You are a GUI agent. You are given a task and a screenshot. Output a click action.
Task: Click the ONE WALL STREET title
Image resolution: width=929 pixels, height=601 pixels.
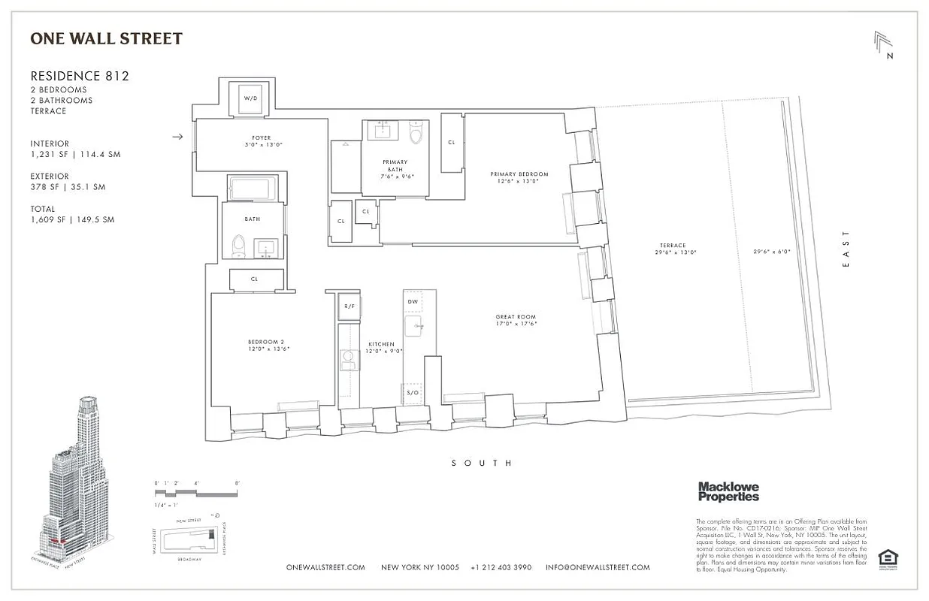pyautogui.click(x=106, y=38)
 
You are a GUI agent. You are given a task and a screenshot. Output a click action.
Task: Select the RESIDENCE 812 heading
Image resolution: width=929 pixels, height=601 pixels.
pyautogui.click(x=80, y=76)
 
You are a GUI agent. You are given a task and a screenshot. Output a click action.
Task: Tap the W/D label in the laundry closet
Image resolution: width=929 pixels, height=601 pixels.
pyautogui.click(x=250, y=98)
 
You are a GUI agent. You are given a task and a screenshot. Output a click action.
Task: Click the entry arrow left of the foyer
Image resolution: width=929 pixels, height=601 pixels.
pyautogui.click(x=177, y=137)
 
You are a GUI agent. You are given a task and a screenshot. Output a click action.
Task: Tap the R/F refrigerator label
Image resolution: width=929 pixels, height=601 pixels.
pyautogui.click(x=349, y=306)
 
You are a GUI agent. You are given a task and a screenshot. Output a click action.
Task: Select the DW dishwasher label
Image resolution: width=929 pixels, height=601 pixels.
pyautogui.click(x=413, y=301)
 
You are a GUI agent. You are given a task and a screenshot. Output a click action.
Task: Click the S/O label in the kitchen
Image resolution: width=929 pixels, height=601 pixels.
pyautogui.click(x=413, y=393)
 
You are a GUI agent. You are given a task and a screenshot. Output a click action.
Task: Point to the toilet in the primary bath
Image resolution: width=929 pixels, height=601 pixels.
pyautogui.click(x=415, y=133)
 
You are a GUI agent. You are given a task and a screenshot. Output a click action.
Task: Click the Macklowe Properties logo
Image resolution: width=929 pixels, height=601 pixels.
pyautogui.click(x=728, y=491)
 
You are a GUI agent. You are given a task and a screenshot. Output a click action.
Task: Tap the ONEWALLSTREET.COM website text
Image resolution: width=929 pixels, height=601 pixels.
pyautogui.click(x=325, y=567)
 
